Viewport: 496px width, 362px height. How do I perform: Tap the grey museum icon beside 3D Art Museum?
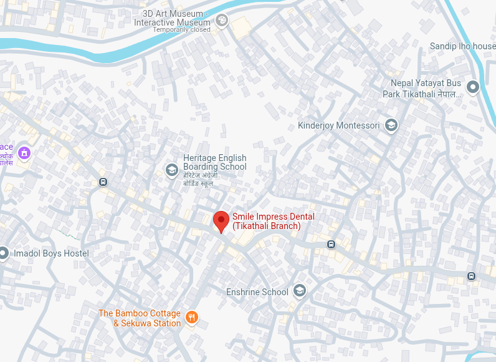pyautogui.click(x=221, y=22)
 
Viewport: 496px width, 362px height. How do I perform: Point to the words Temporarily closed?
pyautogui.click(x=181, y=29)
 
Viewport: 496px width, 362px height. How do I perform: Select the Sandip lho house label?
pyautogui.click(x=462, y=46)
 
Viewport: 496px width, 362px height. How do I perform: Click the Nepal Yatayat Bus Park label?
pyautogui.click(x=426, y=88)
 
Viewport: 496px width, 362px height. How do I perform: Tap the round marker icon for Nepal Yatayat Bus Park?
pyautogui.click(x=473, y=88)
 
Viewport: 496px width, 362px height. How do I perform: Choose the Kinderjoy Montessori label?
pyautogui.click(x=338, y=125)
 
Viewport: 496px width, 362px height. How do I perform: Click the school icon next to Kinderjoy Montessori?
pyautogui.click(x=391, y=125)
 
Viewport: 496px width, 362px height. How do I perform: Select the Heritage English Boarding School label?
pyautogui.click(x=214, y=162)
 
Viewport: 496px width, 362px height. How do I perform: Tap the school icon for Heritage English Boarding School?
pyautogui.click(x=171, y=170)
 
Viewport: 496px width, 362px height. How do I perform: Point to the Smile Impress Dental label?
pyautogui.click(x=273, y=221)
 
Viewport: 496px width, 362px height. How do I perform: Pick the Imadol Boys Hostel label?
pyautogui.click(x=51, y=253)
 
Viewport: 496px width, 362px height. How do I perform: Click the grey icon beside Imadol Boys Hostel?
pyautogui.click(x=3, y=253)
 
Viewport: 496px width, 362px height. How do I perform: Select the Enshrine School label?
pyautogui.click(x=257, y=291)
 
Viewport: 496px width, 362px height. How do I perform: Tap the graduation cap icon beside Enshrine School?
pyautogui.click(x=300, y=291)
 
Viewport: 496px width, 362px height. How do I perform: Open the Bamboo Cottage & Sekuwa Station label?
pyautogui.click(x=140, y=318)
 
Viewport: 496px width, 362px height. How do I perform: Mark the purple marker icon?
pyautogui.click(x=24, y=152)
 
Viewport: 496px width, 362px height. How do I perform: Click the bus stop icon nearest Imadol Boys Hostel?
pyautogui.click(x=103, y=182)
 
